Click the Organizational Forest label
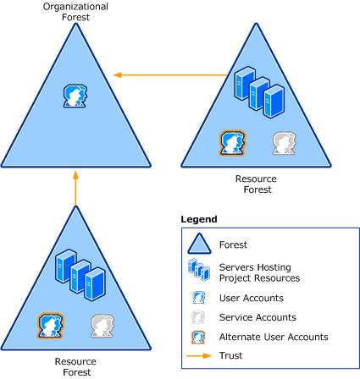point(75,12)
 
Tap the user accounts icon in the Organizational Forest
point(75,96)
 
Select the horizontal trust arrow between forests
point(170,75)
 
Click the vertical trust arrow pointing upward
point(75,188)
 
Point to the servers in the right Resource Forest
point(259,92)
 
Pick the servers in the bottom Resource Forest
point(80,275)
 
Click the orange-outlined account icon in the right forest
point(232,143)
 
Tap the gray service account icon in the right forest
point(285,143)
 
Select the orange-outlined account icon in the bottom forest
point(51,326)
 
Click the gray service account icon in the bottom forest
point(102,326)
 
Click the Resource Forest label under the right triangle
point(256,184)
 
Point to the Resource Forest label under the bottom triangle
point(75,366)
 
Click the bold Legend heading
point(199,219)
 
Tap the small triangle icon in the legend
point(199,244)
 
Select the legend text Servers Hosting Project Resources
point(259,272)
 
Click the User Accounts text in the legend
point(252,298)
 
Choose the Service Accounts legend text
point(258,317)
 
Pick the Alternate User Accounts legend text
point(274,337)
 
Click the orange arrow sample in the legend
point(199,356)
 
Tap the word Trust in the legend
point(230,355)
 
